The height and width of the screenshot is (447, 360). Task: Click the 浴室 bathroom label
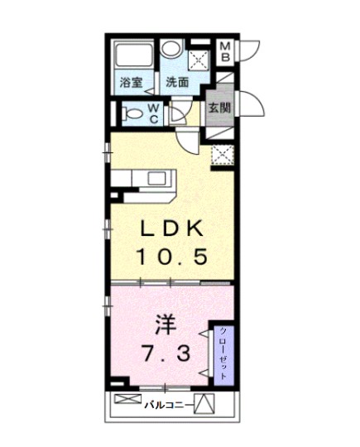(x=130, y=82)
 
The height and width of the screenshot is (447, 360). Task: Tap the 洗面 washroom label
(x=176, y=82)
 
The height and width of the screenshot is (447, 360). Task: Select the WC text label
(x=154, y=113)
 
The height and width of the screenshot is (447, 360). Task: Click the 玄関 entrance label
(x=219, y=107)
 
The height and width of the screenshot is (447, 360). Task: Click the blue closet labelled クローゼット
(x=223, y=353)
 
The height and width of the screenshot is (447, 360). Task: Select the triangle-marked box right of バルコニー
(x=207, y=405)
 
